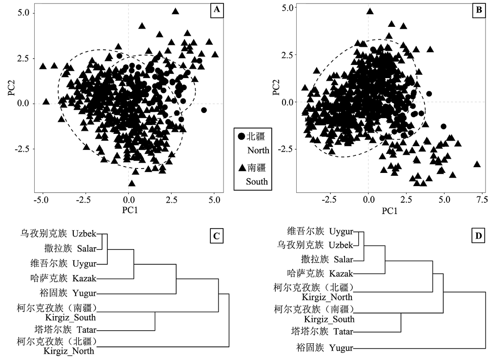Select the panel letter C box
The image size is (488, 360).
[x=216, y=236]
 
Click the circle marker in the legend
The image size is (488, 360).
[x=242, y=136]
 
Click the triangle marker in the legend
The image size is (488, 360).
[x=242, y=168]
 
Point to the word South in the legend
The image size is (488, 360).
[x=257, y=182]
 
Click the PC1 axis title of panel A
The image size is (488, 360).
[x=128, y=212]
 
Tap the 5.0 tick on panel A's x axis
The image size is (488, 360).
[x=214, y=201]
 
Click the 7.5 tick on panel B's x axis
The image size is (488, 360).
[x=480, y=200]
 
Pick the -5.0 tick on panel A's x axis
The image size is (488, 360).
[x=42, y=201]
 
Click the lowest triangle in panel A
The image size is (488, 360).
[x=131, y=183]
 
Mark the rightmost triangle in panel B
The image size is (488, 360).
[x=477, y=164]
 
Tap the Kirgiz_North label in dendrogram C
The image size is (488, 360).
[x=69, y=351]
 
